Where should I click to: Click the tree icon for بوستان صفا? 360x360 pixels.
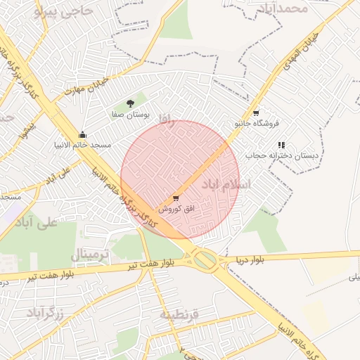tap(130, 103)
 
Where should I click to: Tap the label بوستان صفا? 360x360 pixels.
tap(128, 113)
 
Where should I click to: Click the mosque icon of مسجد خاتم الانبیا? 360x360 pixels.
tap(82, 134)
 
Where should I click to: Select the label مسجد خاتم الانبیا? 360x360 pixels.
tap(83, 145)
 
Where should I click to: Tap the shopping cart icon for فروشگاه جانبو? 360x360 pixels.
tap(256, 112)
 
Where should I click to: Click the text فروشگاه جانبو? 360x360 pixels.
tap(257, 123)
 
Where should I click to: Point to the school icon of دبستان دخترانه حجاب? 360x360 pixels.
tap(281, 144)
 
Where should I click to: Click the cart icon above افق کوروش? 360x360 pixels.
tap(175, 198)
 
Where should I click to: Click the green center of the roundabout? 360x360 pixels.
tap(205, 261)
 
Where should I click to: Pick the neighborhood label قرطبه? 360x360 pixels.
tap(179, 314)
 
